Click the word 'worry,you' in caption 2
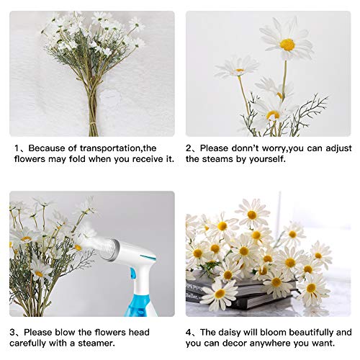pos(276,148)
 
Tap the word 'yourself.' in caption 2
pos(264,159)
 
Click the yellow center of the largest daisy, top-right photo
pos(287,45)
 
